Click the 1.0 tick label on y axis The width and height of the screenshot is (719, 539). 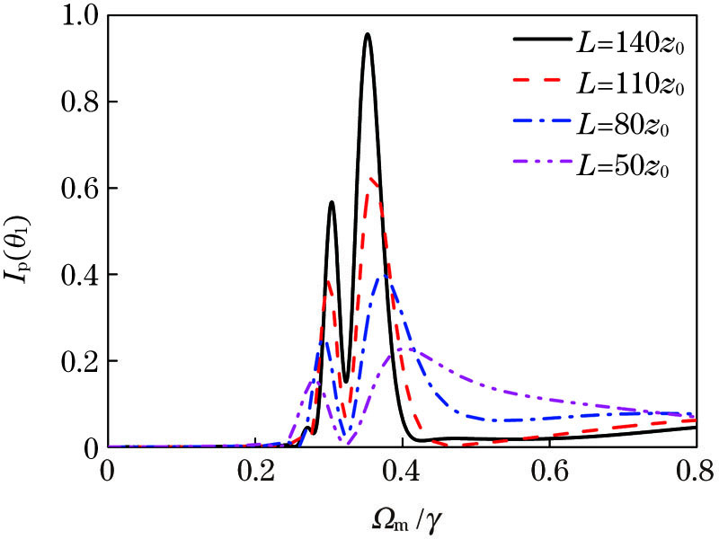pyautogui.click(x=78, y=16)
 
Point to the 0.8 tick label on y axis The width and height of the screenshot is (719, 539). pyautogui.click(x=78, y=102)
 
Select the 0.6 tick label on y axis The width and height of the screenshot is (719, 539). pyautogui.click(x=78, y=189)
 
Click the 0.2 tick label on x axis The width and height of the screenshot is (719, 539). pyautogui.click(x=256, y=469)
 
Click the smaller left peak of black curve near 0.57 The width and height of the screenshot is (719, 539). pyautogui.click(x=332, y=202)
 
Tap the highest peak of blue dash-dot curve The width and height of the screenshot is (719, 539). pyautogui.click(x=384, y=275)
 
